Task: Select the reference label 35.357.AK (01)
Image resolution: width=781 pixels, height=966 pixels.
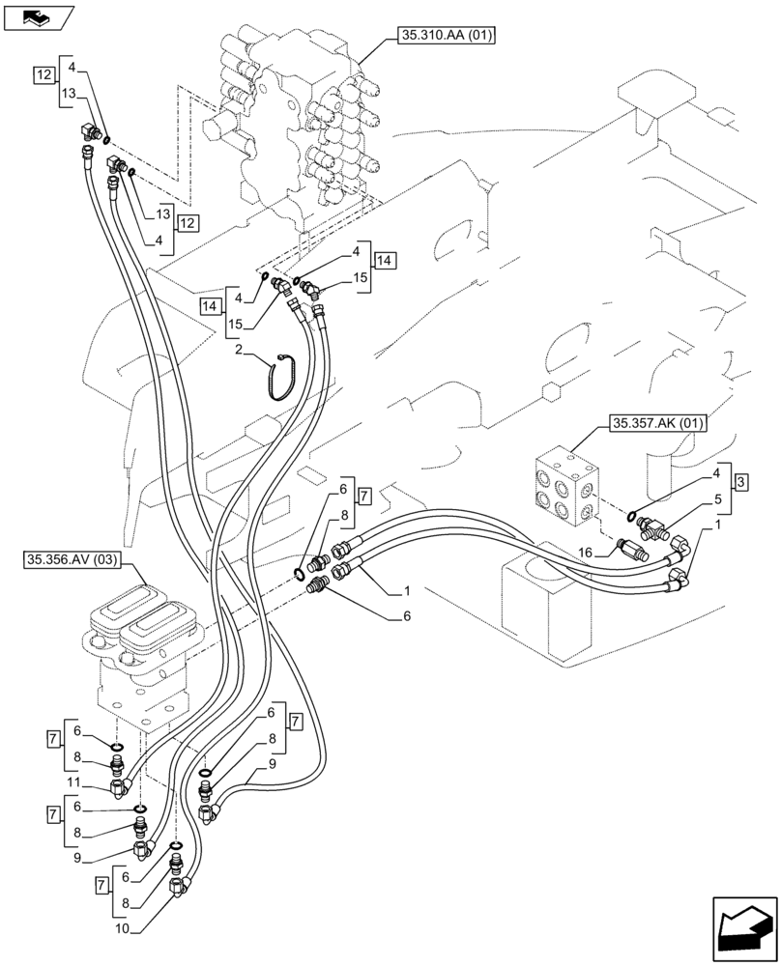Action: [x=659, y=423]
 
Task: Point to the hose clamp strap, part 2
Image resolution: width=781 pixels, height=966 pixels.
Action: [x=279, y=376]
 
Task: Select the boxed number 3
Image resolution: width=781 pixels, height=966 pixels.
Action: [x=739, y=481]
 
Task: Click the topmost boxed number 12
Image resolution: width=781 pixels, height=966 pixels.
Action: [x=43, y=75]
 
